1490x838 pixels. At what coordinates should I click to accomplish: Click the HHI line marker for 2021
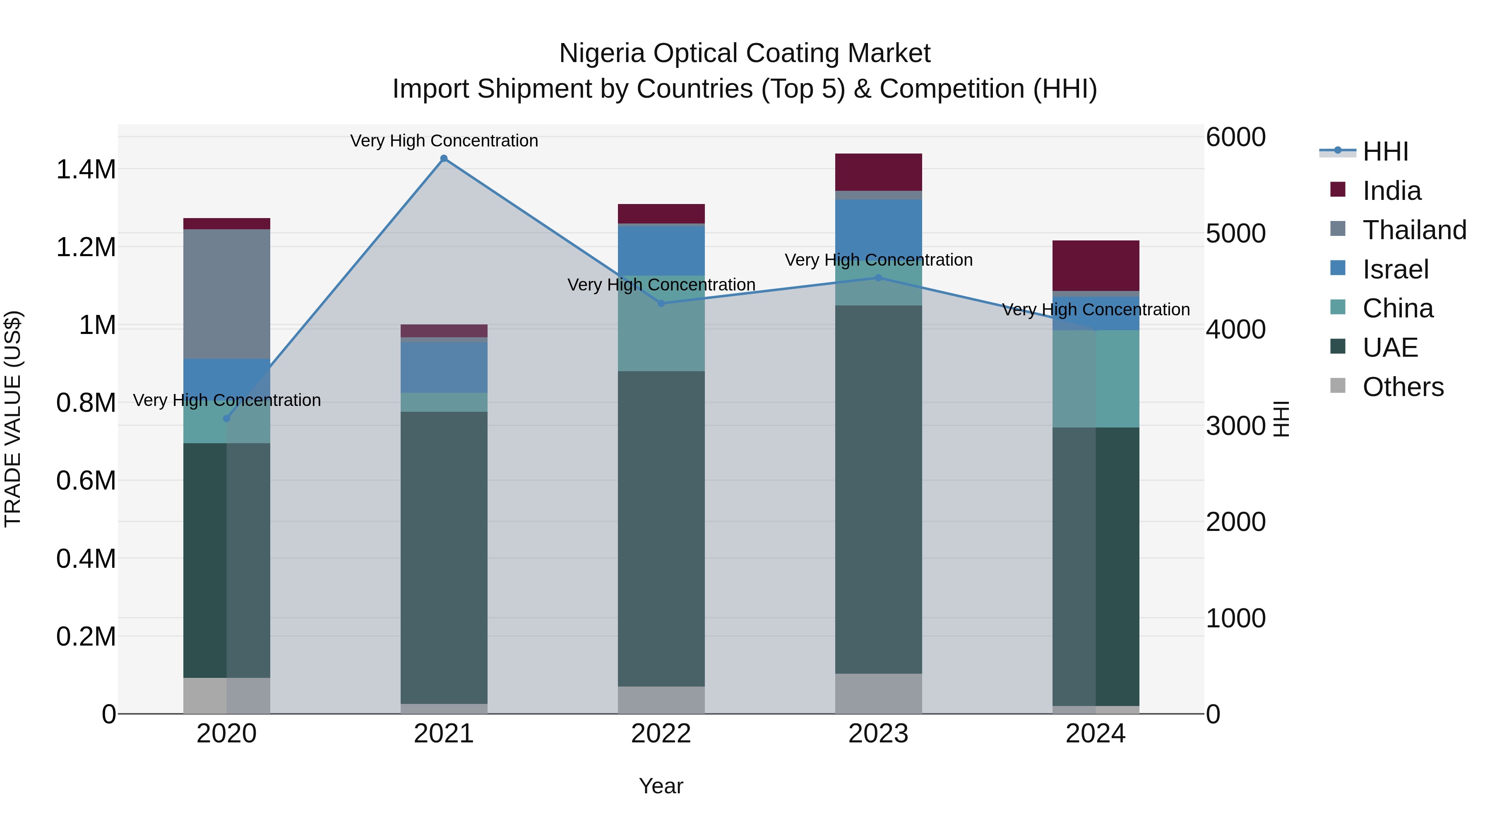click(444, 158)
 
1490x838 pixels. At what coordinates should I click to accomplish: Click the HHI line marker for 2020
click(227, 419)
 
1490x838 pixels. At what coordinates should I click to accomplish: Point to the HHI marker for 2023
click(878, 278)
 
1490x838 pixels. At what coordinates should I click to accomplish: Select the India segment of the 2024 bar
click(1096, 265)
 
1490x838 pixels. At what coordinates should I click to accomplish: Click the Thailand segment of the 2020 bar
click(227, 294)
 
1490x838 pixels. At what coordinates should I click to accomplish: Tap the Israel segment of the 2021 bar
click(444, 367)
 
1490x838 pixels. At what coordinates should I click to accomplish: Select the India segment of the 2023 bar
click(878, 172)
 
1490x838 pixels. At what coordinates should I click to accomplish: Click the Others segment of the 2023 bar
click(878, 694)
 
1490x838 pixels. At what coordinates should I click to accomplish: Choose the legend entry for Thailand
click(1414, 230)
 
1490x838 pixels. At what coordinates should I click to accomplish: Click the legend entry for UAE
click(1390, 348)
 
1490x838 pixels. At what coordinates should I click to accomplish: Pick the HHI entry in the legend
click(1385, 151)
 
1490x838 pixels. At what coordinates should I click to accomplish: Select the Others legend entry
click(1403, 387)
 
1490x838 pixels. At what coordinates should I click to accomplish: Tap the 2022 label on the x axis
click(661, 734)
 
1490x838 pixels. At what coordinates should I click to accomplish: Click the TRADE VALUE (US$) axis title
click(13, 419)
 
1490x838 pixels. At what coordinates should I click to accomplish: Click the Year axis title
click(661, 786)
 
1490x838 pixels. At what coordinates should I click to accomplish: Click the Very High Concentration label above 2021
click(444, 141)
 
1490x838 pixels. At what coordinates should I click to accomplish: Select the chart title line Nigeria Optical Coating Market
click(745, 53)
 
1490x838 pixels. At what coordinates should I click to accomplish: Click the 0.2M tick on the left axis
click(86, 636)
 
